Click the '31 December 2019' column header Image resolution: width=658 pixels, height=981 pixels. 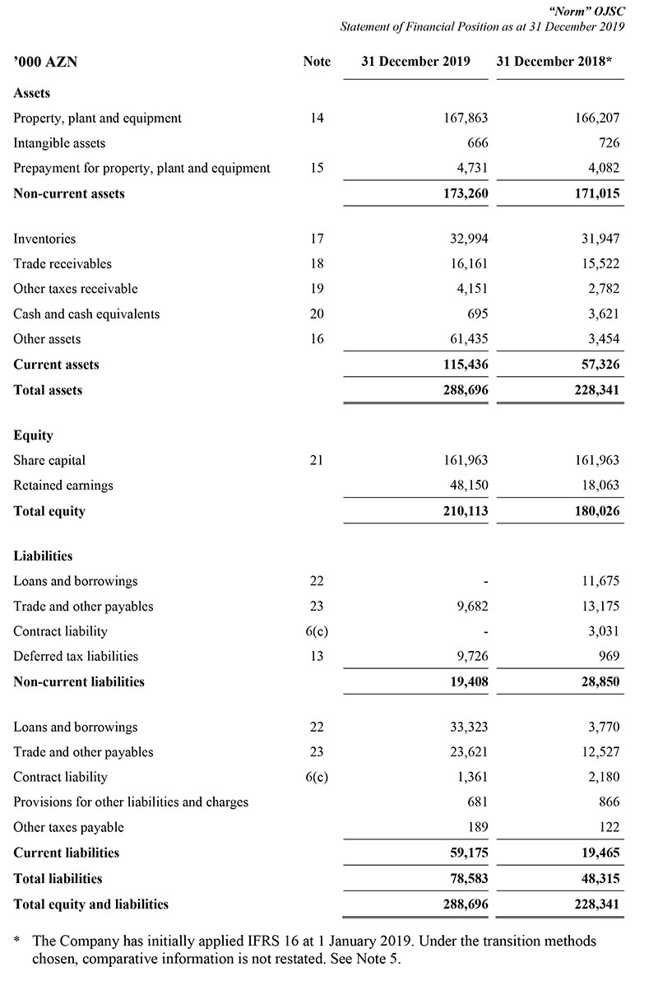[x=415, y=62]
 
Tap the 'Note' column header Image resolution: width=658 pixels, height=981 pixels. [x=317, y=62]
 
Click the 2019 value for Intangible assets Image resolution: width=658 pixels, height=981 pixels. [x=478, y=143]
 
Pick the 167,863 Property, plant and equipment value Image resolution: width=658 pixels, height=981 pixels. [x=466, y=119]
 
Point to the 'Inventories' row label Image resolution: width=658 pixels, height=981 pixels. [x=44, y=239]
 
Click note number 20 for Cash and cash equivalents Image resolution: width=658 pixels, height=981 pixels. [x=317, y=314]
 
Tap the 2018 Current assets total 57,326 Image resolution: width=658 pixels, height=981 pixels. [x=600, y=365]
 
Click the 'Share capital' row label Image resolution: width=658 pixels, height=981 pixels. [x=49, y=460]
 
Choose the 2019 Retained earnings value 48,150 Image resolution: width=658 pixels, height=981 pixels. [x=469, y=486]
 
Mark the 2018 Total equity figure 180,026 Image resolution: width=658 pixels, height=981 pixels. [x=596, y=511]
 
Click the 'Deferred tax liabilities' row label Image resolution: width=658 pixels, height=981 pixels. [x=76, y=656]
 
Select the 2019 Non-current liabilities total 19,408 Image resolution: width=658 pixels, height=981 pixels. [x=469, y=681]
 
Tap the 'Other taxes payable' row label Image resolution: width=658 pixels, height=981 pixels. [x=68, y=827]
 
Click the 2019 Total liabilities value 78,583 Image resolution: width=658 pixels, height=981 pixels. [x=469, y=878]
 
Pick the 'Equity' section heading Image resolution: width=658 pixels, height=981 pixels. [x=33, y=435]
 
